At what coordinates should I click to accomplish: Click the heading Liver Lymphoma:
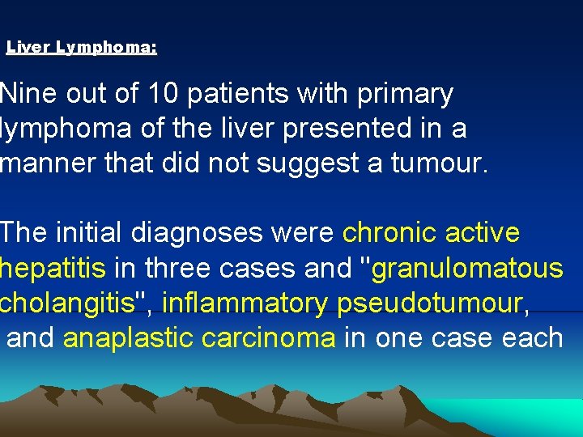click(81, 48)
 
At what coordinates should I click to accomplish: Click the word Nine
click(28, 94)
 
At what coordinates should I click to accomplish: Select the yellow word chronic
click(391, 233)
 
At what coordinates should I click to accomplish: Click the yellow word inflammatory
click(246, 303)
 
